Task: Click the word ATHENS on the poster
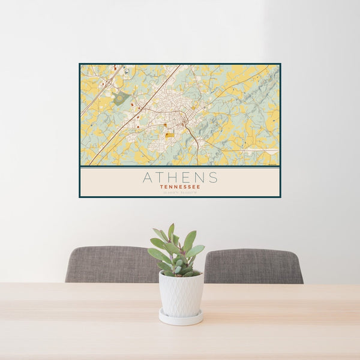point(180,178)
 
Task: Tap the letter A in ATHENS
point(148,178)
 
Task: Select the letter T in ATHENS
point(160,178)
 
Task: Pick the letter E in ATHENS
point(186,178)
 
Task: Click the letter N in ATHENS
point(199,178)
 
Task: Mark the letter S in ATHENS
point(212,178)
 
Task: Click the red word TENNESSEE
point(180,186)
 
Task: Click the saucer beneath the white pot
point(181,318)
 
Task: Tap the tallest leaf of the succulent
point(171,232)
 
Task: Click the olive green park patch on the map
point(121,98)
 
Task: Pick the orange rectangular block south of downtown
point(170,136)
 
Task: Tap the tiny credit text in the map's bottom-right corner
point(273,163)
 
